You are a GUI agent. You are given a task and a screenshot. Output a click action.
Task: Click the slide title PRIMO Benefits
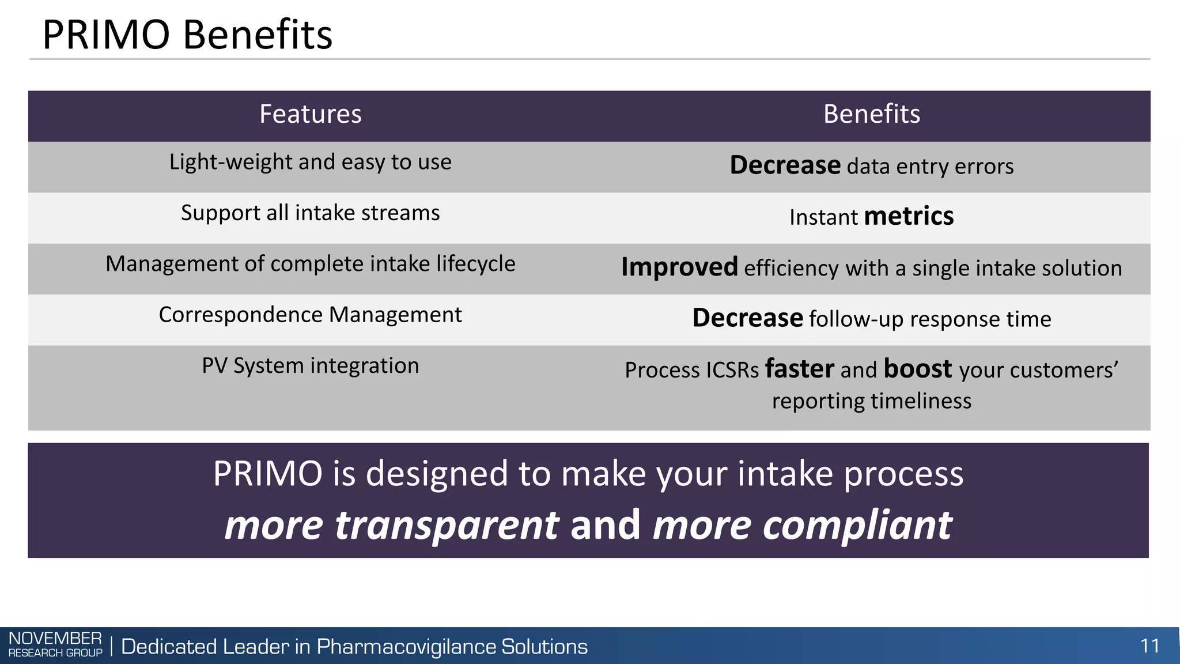(x=187, y=35)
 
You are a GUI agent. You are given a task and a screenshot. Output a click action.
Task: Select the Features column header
(x=310, y=114)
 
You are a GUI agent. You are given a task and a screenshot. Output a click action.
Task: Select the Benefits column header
(x=871, y=114)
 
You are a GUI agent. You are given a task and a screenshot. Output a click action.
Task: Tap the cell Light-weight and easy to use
(x=310, y=162)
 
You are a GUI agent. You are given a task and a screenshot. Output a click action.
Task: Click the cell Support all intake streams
(x=310, y=213)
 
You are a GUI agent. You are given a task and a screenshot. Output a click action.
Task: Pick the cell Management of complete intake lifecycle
(x=310, y=264)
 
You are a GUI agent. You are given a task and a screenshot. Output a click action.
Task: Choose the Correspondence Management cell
(x=310, y=315)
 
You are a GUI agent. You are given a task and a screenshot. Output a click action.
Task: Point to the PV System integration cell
(x=310, y=365)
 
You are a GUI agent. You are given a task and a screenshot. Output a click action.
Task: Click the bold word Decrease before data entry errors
(x=785, y=165)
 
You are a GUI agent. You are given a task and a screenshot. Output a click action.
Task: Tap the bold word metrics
(x=909, y=216)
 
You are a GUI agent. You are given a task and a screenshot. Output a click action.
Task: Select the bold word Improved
(x=679, y=267)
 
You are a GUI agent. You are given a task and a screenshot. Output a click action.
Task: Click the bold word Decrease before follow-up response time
(x=747, y=318)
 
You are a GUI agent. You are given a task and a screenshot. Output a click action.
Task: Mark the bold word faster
(x=799, y=369)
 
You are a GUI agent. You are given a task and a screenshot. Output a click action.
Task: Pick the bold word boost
(x=917, y=369)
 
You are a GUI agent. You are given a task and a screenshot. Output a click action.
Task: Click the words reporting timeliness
(x=871, y=401)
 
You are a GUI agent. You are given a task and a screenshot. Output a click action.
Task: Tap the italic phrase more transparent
(x=391, y=525)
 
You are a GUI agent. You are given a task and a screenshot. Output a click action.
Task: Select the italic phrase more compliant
(x=802, y=525)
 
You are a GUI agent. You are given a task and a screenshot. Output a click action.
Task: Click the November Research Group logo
(x=55, y=644)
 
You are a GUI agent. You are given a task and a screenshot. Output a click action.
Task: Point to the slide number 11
(x=1149, y=646)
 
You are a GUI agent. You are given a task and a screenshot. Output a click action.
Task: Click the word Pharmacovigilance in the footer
(x=406, y=647)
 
